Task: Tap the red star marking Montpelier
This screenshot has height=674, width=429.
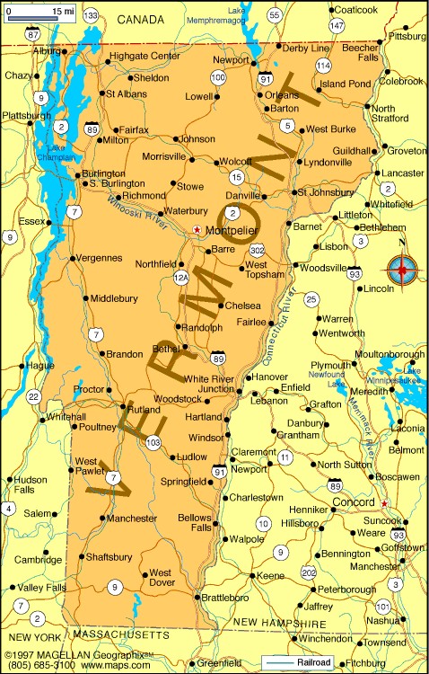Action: coord(197,230)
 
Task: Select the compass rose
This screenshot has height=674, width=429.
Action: coord(404,267)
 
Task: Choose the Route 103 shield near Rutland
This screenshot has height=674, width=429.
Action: coord(153,442)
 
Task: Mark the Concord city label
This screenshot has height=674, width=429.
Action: coord(353,501)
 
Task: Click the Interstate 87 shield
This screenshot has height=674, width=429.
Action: coord(33,34)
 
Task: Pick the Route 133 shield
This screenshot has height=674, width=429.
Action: coord(91,15)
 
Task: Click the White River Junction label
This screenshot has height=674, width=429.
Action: coord(208,384)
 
